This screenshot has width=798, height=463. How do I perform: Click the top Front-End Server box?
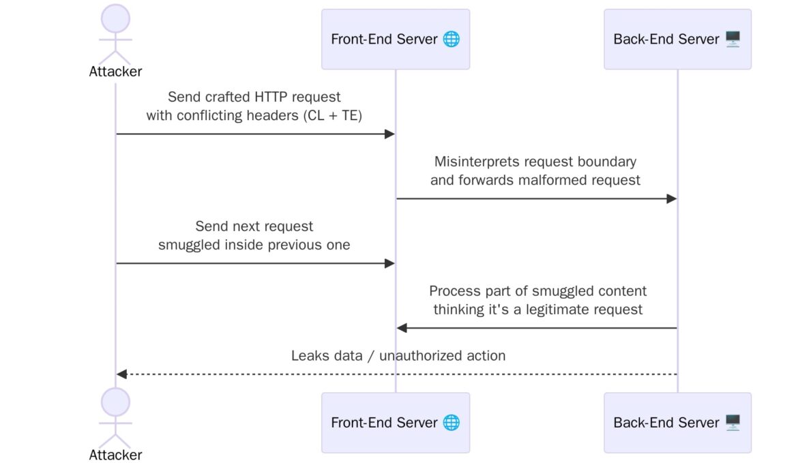coord(396,39)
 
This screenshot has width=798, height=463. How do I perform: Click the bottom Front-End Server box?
coord(396,422)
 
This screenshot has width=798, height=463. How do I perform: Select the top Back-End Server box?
coord(677,39)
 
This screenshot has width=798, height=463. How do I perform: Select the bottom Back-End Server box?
coord(677,422)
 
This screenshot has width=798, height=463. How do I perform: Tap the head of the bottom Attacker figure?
coord(115,403)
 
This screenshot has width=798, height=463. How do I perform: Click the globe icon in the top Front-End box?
coord(451,39)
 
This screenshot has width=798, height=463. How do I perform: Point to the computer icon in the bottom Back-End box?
coord(733,422)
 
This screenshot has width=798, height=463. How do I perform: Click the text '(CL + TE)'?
coord(332,115)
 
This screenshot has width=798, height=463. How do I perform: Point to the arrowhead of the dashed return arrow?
coord(121,374)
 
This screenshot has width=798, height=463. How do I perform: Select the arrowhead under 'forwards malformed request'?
coord(671,198)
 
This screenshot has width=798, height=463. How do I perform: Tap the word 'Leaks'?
coord(309,355)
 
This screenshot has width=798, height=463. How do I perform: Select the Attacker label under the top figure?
coord(115,72)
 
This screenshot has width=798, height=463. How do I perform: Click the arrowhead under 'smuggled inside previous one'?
coord(390,263)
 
